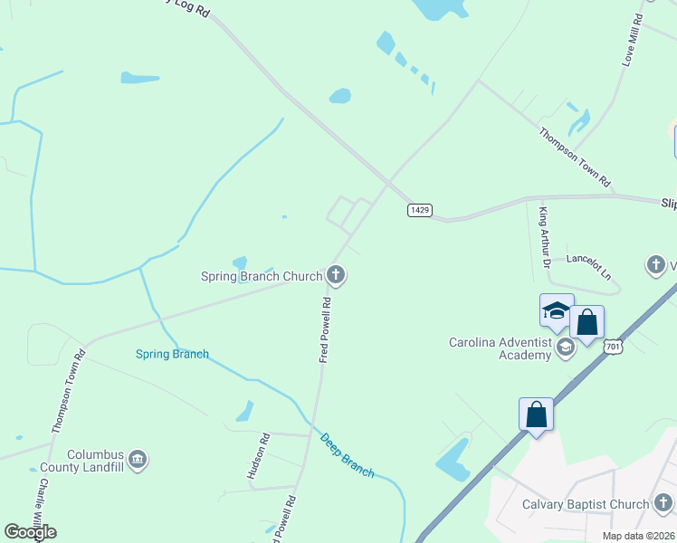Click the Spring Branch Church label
coord(262,276)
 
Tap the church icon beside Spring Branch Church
coord(336,274)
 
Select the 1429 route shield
coord(418,210)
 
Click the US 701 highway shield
coord(614,346)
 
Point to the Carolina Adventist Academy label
coord(501,348)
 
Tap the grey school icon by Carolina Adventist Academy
coord(566,348)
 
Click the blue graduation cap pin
coord(557,312)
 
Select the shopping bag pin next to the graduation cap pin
coord(586,323)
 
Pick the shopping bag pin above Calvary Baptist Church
coord(536,415)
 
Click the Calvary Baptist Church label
coord(586,504)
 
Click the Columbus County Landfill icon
coord(138,460)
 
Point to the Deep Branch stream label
coord(347,455)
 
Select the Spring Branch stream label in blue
coord(172,354)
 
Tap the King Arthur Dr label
coord(544,240)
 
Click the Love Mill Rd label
coord(632,40)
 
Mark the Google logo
coord(30,531)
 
